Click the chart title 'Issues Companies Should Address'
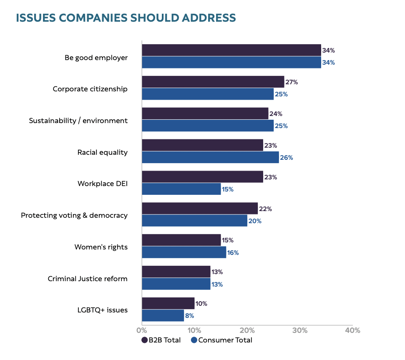(x=126, y=18)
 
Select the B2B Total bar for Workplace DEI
(x=202, y=177)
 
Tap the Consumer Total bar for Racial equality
(x=210, y=158)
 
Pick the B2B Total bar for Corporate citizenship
(x=213, y=82)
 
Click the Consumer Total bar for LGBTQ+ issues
(x=163, y=316)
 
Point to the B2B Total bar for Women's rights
(x=181, y=240)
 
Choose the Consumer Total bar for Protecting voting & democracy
(x=194, y=221)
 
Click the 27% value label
(x=292, y=82)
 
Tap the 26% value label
(x=287, y=158)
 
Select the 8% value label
(x=189, y=316)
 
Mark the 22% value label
(x=265, y=209)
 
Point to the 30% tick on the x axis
(x=300, y=330)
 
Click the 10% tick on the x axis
(x=194, y=330)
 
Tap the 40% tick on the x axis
(x=352, y=330)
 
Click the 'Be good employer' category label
(x=96, y=58)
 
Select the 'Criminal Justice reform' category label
(x=88, y=278)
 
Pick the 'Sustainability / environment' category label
(x=78, y=121)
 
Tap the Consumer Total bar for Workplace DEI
(x=181, y=189)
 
